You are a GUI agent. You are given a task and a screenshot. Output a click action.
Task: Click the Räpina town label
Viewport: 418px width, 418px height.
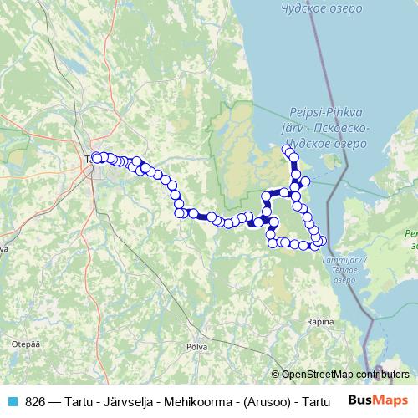coord(320,321)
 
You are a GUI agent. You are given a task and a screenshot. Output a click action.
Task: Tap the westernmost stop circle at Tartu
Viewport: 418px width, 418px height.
coord(96,157)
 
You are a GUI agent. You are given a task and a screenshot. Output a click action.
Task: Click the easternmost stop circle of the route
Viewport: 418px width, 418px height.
coord(323,242)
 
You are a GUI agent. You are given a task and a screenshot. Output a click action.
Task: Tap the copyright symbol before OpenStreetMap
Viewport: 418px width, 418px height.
coord(275,374)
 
